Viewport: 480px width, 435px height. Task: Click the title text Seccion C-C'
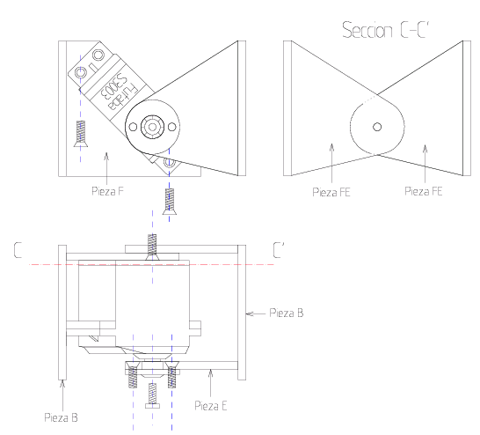(393, 31)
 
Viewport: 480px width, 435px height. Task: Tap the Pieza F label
(107, 188)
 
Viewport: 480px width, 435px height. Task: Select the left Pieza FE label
(331, 188)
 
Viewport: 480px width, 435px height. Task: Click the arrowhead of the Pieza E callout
(208, 373)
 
